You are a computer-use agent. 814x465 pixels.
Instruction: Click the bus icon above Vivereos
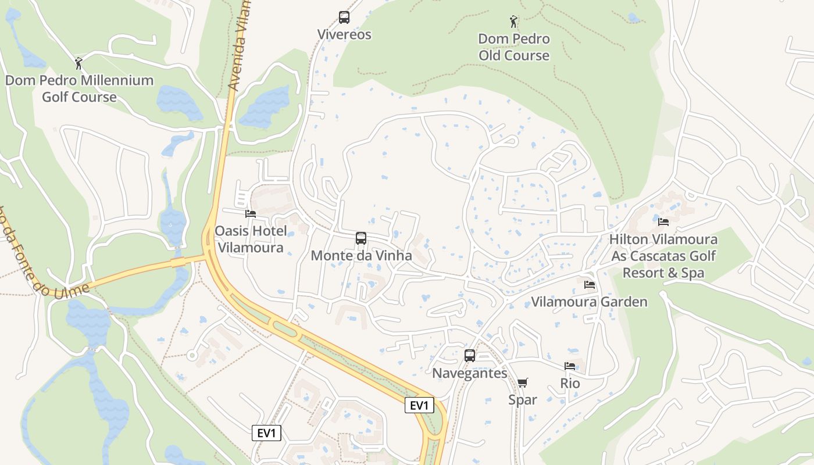click(x=344, y=17)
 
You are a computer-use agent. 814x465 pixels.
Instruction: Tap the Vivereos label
click(x=344, y=35)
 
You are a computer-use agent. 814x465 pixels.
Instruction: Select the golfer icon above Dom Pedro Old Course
click(x=513, y=22)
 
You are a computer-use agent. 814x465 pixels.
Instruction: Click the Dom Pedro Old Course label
click(x=514, y=48)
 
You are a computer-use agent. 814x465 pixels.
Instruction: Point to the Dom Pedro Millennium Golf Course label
click(x=79, y=88)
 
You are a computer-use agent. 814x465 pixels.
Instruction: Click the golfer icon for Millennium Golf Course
click(x=78, y=63)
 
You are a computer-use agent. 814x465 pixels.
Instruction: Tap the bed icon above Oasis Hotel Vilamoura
click(x=251, y=214)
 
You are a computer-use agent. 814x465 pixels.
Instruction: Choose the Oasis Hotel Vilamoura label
click(x=251, y=239)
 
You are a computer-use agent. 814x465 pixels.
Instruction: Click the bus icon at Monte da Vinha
click(x=361, y=238)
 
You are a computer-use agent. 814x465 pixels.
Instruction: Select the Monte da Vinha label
click(x=361, y=256)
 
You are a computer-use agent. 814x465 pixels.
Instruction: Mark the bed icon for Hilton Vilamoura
click(x=663, y=221)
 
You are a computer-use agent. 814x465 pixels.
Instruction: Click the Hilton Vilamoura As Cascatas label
click(x=663, y=256)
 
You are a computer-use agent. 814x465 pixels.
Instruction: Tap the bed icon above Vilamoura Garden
click(x=590, y=285)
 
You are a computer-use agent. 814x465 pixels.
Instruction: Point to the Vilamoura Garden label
click(x=590, y=302)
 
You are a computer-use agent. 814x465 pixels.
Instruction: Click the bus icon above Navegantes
click(x=470, y=356)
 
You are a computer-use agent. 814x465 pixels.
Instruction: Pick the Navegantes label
click(x=470, y=373)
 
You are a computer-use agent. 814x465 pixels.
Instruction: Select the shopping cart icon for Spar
click(x=523, y=382)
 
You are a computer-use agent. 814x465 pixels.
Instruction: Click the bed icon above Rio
click(x=570, y=366)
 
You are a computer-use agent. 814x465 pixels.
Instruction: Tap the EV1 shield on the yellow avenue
click(x=419, y=406)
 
